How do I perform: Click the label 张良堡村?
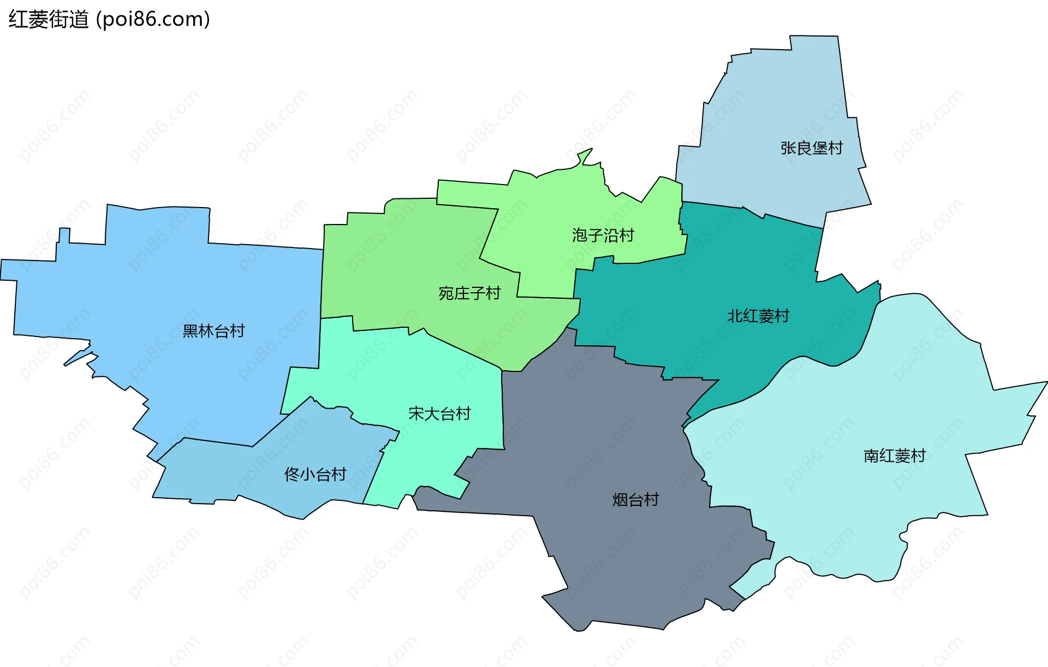click(812, 148)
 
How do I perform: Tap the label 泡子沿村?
click(603, 235)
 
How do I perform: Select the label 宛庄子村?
click(469, 293)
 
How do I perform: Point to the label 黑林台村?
click(213, 331)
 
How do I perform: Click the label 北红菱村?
click(758, 316)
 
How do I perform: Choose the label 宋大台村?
click(439, 414)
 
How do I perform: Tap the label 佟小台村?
click(315, 474)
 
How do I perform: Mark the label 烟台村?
click(635, 500)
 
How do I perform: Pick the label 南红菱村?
click(894, 456)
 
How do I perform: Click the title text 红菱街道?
click(49, 20)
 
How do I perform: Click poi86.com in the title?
click(153, 20)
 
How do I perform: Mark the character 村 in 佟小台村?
click(339, 474)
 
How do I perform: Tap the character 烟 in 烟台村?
click(620, 500)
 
